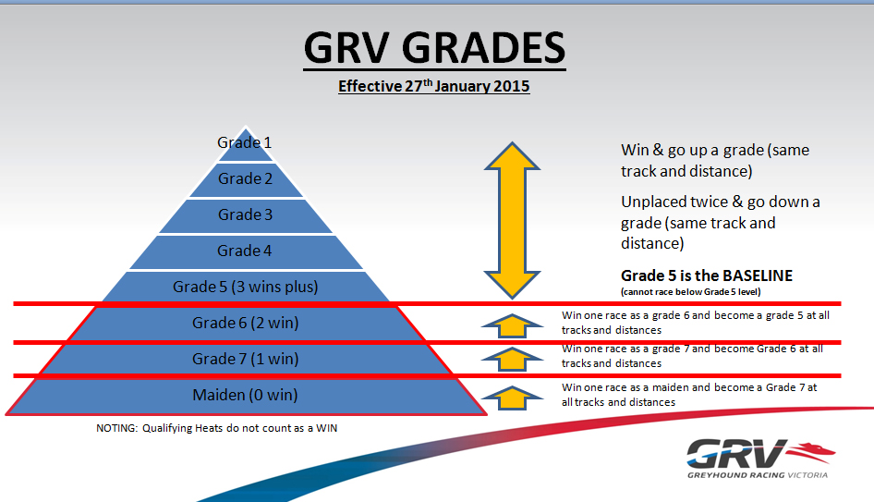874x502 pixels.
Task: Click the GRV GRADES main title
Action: [x=434, y=48]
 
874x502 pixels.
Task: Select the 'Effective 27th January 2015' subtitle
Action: [x=433, y=86]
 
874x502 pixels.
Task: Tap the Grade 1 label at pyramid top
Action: [x=244, y=142]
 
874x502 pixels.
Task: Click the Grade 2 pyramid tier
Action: [x=245, y=179]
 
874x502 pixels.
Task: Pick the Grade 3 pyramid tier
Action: [x=245, y=215]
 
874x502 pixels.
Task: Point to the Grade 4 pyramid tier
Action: [x=245, y=251]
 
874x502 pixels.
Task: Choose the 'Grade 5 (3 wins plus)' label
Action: [x=245, y=287]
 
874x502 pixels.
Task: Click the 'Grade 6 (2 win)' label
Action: [x=245, y=323]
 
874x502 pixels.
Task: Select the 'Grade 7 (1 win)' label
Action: [x=245, y=359]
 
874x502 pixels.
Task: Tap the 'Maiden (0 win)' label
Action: [x=245, y=395]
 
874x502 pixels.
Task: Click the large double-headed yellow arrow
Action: [x=512, y=220]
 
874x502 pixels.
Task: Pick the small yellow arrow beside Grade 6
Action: [x=512, y=325]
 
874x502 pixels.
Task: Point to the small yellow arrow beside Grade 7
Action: [x=512, y=360]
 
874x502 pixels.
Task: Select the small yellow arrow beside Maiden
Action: [x=512, y=398]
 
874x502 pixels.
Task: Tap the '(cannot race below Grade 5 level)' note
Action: [x=691, y=292]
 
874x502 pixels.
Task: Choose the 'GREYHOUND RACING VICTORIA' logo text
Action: [x=758, y=475]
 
